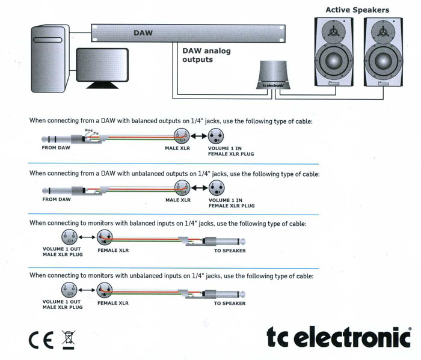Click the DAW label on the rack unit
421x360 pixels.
click(x=143, y=33)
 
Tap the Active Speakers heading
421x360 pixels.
click(x=357, y=10)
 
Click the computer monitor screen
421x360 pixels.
click(x=102, y=65)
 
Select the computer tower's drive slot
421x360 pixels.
click(x=48, y=40)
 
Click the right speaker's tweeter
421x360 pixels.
click(x=383, y=32)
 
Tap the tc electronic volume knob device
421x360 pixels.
click(x=273, y=75)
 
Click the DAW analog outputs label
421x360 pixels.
click(x=206, y=55)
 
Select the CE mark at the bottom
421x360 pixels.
click(x=41, y=340)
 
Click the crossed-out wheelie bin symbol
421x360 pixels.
click(x=69, y=340)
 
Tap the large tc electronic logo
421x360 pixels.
click(x=339, y=337)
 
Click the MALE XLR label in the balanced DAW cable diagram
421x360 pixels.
click(x=177, y=148)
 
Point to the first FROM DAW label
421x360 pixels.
click(x=56, y=147)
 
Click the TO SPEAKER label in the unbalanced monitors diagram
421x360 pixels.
click(x=230, y=304)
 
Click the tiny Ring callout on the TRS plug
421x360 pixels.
click(x=88, y=130)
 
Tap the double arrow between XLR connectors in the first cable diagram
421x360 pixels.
click(x=198, y=136)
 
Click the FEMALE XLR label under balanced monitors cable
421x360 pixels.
click(x=113, y=250)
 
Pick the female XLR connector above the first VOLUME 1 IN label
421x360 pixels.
click(x=216, y=136)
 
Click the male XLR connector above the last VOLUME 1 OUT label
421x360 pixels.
click(x=69, y=290)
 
